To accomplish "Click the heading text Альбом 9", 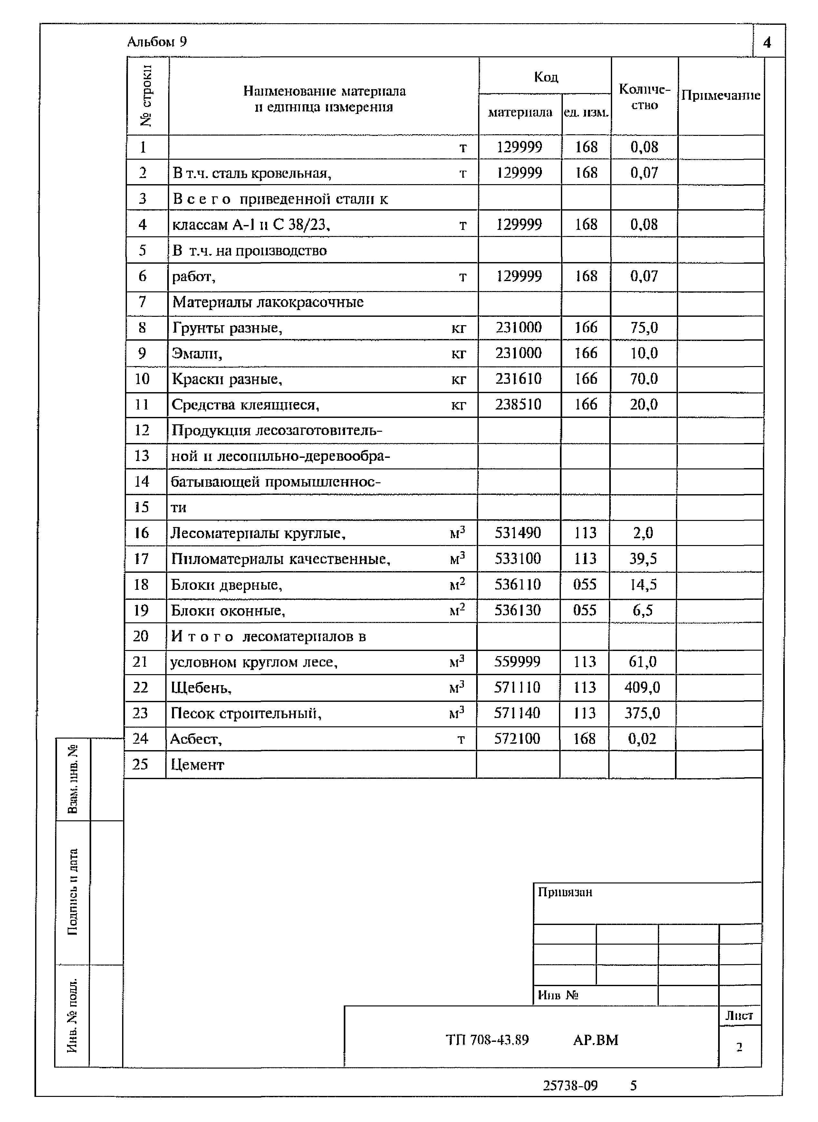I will pos(157,42).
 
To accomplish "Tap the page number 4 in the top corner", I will pos(767,42).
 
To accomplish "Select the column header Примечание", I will pos(720,96).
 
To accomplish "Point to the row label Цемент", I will pos(197,765).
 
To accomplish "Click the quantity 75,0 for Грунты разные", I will pos(644,327).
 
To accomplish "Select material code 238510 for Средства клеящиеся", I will pos(518,405).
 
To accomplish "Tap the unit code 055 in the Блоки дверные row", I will pos(585,584).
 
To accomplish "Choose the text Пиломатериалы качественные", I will pos(280,559).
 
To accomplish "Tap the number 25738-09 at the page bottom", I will pos(570,1085).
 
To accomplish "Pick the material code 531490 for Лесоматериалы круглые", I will pos(518,533).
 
